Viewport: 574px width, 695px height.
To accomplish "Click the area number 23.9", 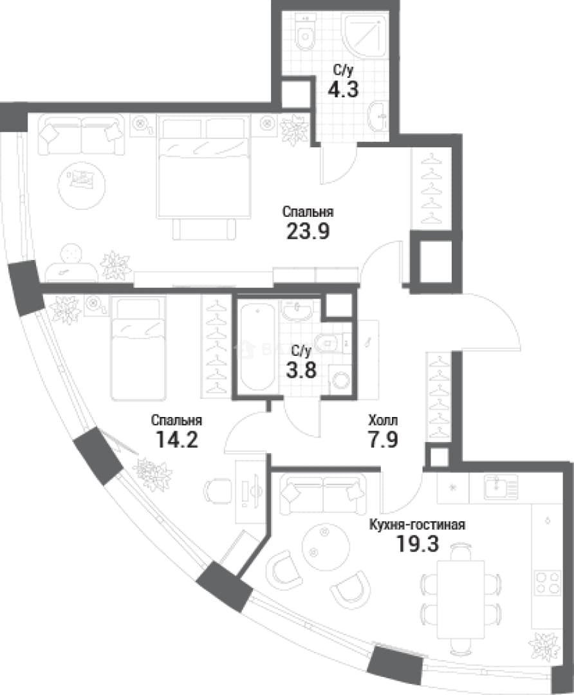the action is point(308,231).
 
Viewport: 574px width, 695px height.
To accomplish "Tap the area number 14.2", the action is point(176,440).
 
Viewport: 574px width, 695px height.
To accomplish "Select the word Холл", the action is point(383,420).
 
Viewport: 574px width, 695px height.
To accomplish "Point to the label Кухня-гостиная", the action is point(418,525).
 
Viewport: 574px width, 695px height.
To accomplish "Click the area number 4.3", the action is point(342,89).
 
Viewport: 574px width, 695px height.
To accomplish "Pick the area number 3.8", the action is point(301,369).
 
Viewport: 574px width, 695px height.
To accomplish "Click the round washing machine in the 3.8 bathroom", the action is point(341,380).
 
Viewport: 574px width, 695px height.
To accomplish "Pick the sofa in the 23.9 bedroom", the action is point(81,134).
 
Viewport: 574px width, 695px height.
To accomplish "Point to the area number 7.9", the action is point(383,440).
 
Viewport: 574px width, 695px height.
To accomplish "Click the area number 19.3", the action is point(418,544).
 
